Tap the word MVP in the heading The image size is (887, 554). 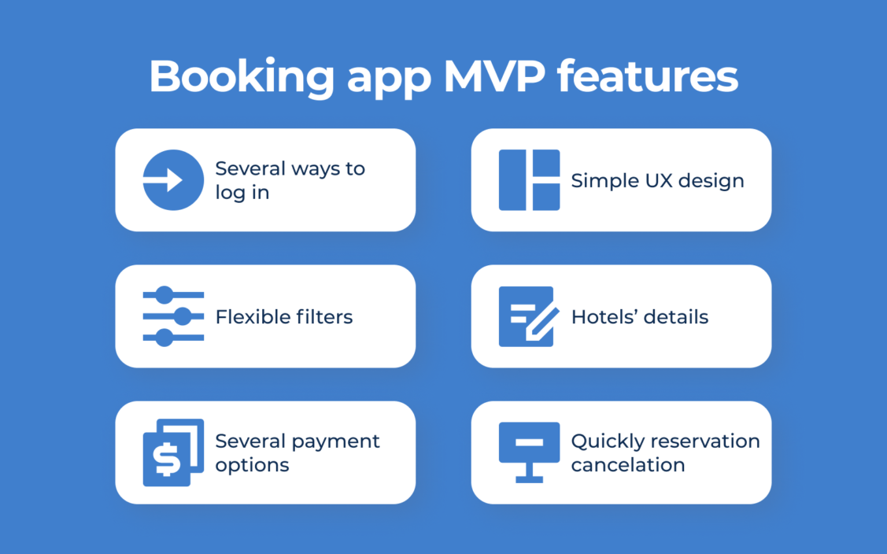495,76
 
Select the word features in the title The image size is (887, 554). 648,76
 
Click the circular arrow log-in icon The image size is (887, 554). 173,180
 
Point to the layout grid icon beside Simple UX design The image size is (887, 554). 529,180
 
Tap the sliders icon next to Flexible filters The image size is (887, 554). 173,316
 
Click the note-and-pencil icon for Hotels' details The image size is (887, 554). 529,316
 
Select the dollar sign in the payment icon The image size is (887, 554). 167,458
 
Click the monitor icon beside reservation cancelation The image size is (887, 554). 529,452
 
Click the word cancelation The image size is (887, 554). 628,465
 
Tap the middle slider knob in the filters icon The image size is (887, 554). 182,316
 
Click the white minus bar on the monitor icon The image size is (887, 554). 530,442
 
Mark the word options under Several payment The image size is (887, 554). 253,466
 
